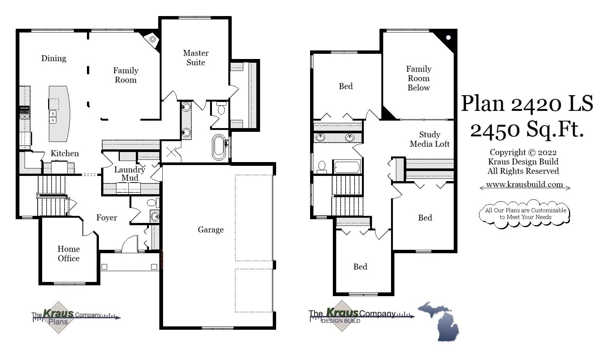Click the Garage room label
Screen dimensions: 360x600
210,230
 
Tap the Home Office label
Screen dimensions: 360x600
69,254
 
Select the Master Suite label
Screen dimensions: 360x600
196,58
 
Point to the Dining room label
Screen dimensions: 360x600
54,58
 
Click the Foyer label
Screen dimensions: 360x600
107,218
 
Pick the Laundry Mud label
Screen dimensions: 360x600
129,174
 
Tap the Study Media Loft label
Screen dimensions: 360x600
429,139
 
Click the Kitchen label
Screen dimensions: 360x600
65,153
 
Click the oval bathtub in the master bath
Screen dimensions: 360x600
219,148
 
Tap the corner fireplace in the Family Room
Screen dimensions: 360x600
152,39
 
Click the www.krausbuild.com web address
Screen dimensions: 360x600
524,184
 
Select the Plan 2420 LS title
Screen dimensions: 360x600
527,103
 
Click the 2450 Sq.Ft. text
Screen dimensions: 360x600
527,130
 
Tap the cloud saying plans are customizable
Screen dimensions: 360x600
525,214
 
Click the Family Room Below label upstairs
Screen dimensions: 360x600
419,78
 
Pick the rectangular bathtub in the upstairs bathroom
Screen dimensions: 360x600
347,167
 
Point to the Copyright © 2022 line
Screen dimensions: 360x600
523,152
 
